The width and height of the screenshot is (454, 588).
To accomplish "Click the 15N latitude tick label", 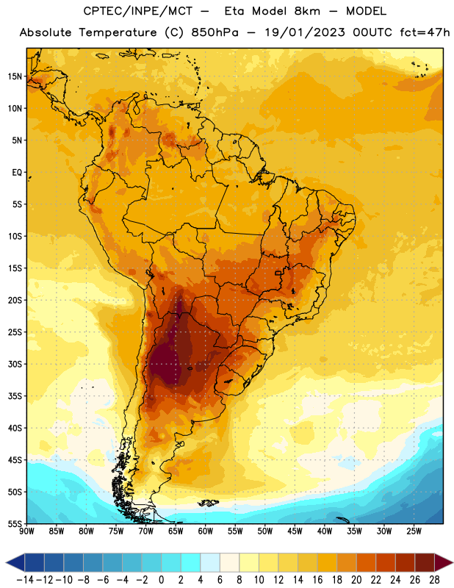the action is click(x=15, y=76).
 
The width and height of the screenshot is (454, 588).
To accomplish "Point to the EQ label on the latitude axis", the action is click(x=17, y=173).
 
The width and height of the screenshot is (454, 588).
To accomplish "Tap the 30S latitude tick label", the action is click(x=15, y=364).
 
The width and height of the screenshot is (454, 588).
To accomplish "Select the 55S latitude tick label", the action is click(x=15, y=524).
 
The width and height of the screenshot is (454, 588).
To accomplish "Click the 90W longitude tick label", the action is click(x=26, y=531).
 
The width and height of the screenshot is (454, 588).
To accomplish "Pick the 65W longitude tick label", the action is click(x=176, y=531).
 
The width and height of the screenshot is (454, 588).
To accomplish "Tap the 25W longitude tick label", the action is click(x=414, y=531).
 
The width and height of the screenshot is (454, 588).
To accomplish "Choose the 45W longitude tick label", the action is click(x=295, y=531).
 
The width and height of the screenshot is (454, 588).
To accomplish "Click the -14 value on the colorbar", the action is click(x=25, y=580).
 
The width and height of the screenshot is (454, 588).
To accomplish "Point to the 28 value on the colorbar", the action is click(x=434, y=580).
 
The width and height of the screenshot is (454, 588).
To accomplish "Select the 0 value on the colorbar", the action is click(x=161, y=580).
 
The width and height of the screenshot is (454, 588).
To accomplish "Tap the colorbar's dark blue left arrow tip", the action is click(x=7, y=563).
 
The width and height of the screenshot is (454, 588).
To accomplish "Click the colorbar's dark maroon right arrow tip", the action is click(x=452, y=563).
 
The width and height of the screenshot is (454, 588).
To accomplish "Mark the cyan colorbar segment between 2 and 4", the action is click(x=190, y=563).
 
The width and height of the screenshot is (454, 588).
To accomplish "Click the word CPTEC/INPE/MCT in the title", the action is click(x=138, y=11).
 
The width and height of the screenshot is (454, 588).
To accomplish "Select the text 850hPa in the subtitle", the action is click(x=215, y=32).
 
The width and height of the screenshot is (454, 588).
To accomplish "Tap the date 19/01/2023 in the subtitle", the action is click(x=305, y=32).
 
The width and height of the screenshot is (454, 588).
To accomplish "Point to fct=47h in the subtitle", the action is click(x=425, y=32).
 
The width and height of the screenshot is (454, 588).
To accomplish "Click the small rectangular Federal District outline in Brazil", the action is click(x=278, y=273).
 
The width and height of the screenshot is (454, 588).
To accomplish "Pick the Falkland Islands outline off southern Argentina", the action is click(x=209, y=503).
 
